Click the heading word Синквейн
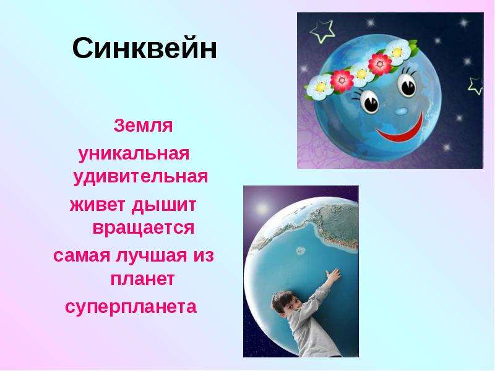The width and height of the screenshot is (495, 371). tap(145, 48)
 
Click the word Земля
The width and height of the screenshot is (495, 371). tap(143, 126)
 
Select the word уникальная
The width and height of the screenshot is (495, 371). tap(134, 155)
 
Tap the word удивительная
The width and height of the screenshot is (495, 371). tap(140, 177)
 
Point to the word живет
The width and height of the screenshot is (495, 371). tap(97, 205)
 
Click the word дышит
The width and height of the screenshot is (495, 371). tap(164, 206)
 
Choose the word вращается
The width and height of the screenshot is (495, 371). tap(144, 228)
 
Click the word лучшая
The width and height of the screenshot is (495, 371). tap(151, 256)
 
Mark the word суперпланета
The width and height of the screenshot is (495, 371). tap(131, 307)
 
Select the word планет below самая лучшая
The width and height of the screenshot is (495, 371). tap(142, 279)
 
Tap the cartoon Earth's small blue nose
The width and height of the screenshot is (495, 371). tap(401, 111)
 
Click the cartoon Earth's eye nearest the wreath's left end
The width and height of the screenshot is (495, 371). tap(369, 101)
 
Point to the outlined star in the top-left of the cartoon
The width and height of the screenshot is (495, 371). tap(322, 31)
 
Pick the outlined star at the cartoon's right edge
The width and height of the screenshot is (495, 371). tap(475, 86)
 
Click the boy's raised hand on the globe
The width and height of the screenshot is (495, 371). tap(334, 276)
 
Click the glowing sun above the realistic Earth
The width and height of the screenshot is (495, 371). tap(262, 208)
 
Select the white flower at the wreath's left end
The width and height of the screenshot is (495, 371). tap(319, 87)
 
